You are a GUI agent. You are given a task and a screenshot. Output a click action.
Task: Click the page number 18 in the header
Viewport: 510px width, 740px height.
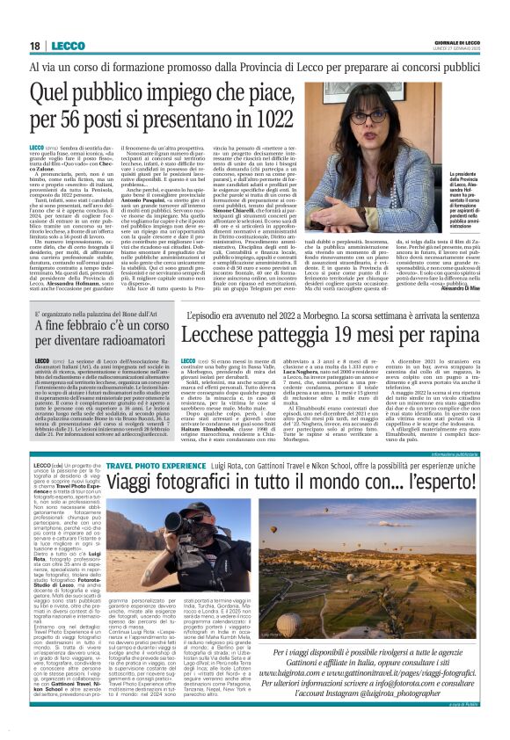point(34,45)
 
